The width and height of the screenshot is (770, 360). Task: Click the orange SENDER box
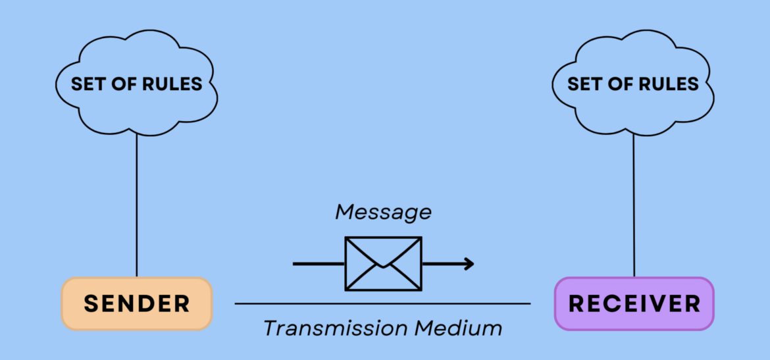pos(137,303)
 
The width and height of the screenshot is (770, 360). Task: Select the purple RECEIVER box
pos(634,303)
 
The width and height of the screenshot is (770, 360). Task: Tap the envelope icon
pos(383,263)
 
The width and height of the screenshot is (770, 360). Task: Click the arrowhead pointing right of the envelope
pos(469,264)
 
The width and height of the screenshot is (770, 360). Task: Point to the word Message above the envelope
pos(383,212)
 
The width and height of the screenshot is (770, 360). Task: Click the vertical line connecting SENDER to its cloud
pos(136,204)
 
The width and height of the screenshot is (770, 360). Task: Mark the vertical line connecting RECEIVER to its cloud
pos(634,204)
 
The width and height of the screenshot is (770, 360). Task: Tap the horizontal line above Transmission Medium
pos(382,304)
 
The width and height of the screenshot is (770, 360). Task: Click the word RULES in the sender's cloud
pos(174,84)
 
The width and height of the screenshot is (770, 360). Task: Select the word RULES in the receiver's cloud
pos(670,84)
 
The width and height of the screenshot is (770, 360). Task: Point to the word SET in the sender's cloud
pos(86,84)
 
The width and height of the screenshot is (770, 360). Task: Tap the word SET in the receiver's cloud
pos(583,84)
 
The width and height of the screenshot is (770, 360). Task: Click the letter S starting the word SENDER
pos(91,303)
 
